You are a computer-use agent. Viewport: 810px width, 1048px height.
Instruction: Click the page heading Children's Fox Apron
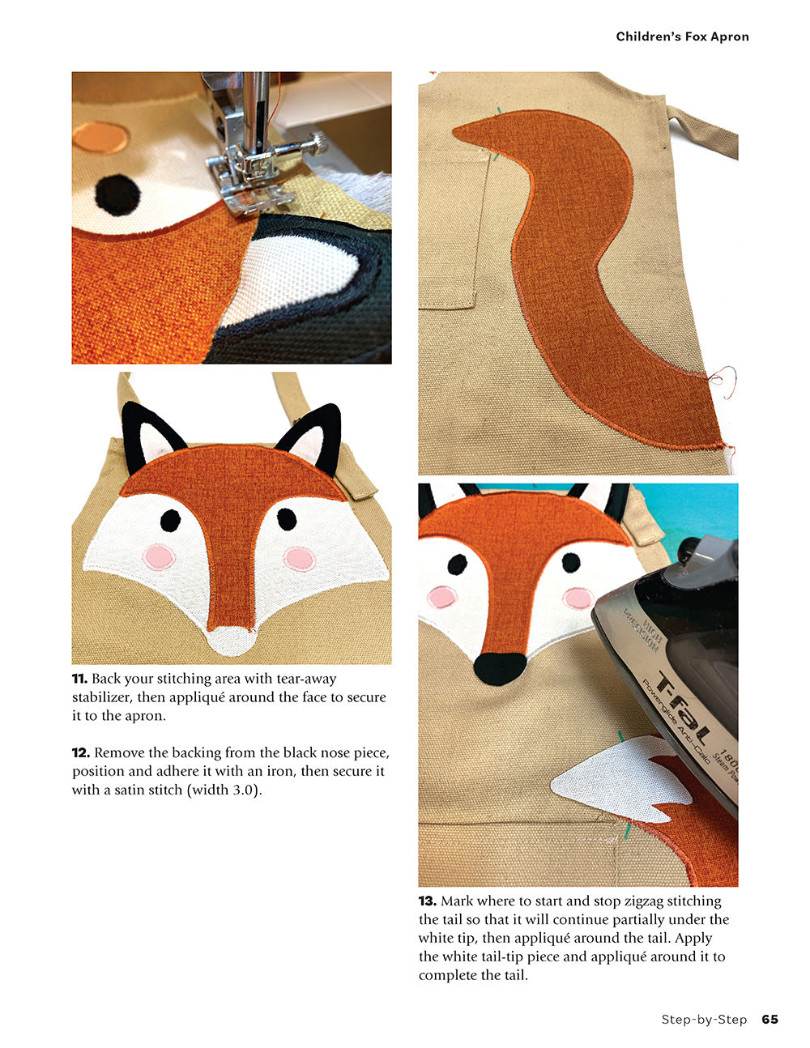(x=682, y=36)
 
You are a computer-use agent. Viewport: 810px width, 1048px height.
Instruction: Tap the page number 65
(x=769, y=1019)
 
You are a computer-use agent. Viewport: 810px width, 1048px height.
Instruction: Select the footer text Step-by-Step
(x=703, y=1019)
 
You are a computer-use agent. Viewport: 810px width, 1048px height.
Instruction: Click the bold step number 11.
(x=79, y=679)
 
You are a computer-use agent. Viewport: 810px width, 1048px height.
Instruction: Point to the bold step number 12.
(x=80, y=752)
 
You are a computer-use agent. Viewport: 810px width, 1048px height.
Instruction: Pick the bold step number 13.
(x=428, y=901)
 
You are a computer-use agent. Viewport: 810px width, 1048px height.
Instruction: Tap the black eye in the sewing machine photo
(x=117, y=194)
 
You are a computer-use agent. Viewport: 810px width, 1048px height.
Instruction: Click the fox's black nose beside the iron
(x=499, y=668)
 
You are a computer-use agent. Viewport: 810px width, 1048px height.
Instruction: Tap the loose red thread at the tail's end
(x=723, y=379)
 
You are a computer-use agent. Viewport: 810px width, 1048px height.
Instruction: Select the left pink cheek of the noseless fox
(x=159, y=557)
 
